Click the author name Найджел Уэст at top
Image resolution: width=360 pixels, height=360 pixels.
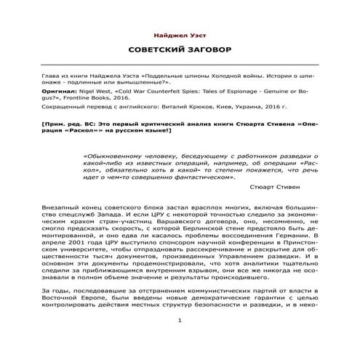click(x=179, y=34)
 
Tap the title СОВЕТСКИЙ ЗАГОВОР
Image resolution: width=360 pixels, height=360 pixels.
click(x=179, y=53)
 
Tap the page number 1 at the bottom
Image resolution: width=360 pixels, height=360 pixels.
click(x=179, y=340)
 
